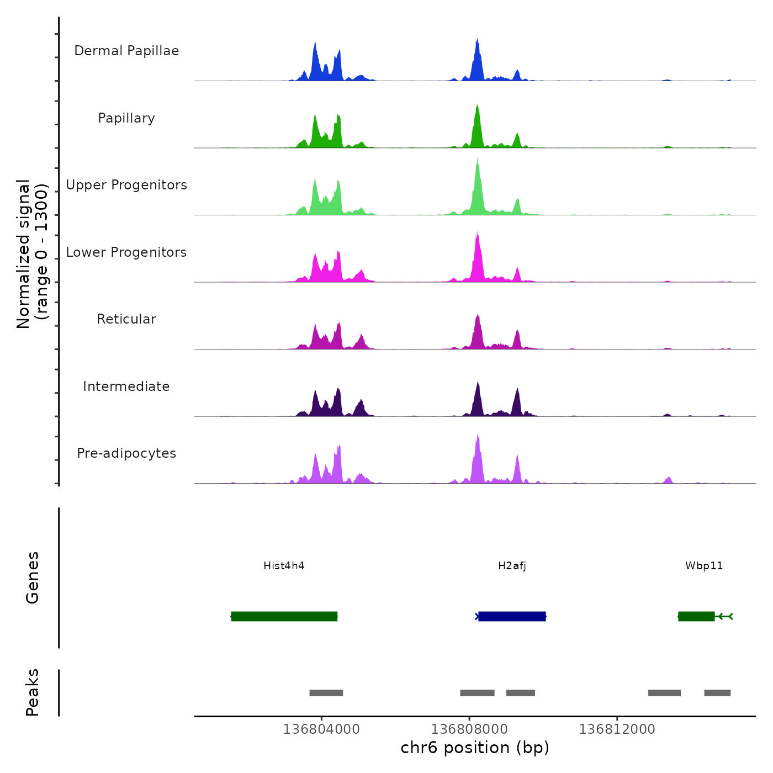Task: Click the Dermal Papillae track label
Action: coord(126,51)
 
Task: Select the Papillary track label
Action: coord(126,118)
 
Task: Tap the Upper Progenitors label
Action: coord(126,185)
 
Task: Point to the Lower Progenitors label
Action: coord(126,252)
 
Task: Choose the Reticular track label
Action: coord(126,319)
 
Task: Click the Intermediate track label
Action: coord(126,386)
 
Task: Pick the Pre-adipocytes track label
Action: coord(126,453)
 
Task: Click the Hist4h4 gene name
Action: coord(284,565)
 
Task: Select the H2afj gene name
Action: coord(512,565)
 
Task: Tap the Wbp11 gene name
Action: coord(704,565)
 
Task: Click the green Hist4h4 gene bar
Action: coord(284,616)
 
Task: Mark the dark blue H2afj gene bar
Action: coord(512,616)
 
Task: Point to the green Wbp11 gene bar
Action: coord(696,616)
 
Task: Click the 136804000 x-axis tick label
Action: coord(321,729)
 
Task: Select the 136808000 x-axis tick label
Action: coord(469,729)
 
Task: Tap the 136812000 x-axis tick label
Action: coord(617,729)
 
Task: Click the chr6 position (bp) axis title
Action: coord(475,748)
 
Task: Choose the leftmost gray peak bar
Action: coord(326,693)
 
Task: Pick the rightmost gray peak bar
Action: coord(717,693)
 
